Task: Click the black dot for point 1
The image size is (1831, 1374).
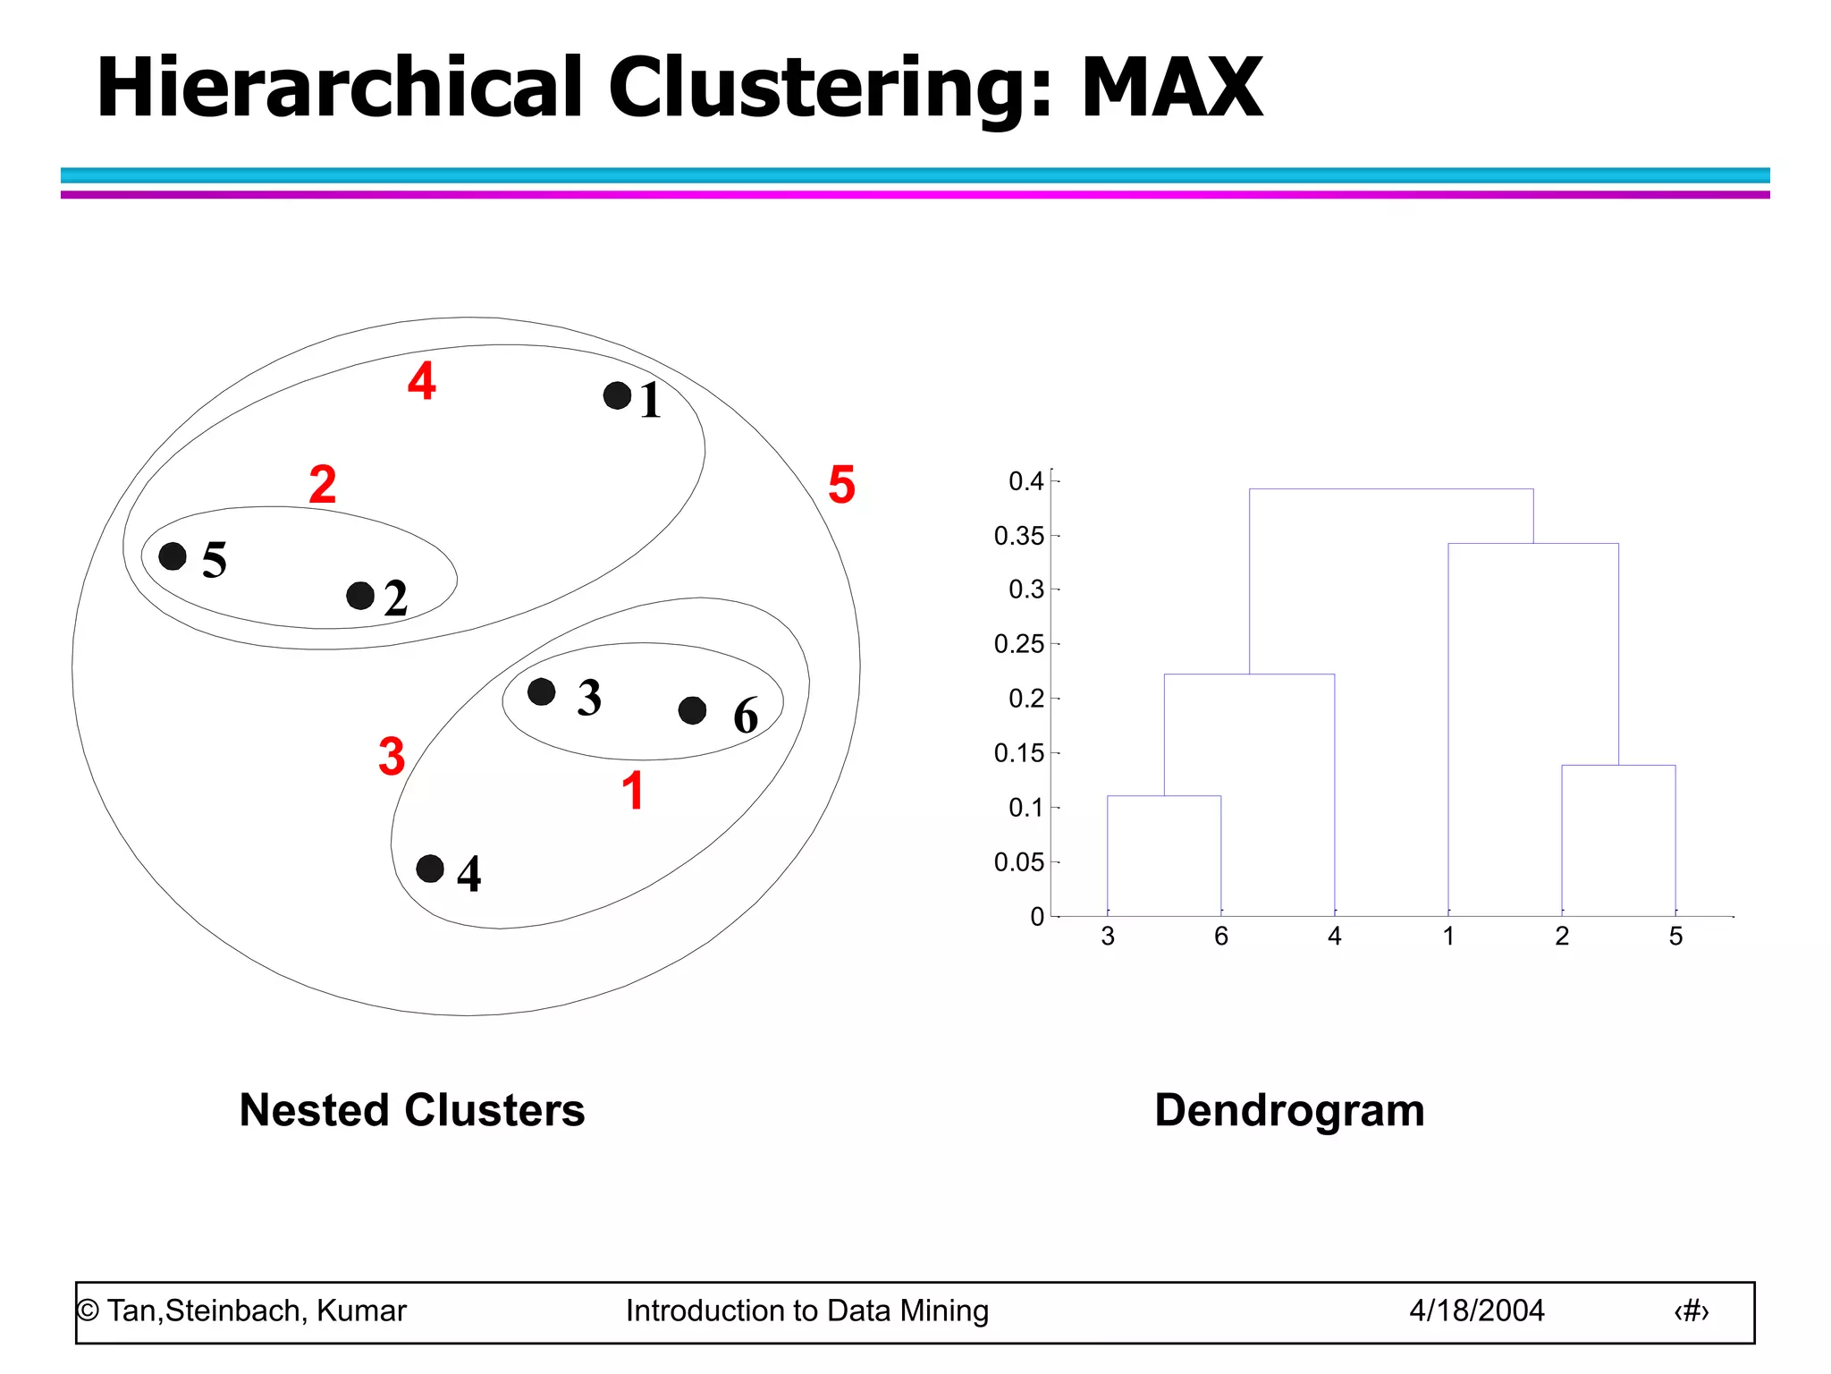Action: click(x=617, y=395)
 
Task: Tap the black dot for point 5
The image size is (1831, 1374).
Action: click(x=173, y=556)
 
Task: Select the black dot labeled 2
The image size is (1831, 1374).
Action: click(x=360, y=596)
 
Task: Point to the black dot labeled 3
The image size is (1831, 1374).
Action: click(x=542, y=691)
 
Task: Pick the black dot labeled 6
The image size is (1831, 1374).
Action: click(x=693, y=711)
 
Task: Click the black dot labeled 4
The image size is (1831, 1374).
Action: click(x=430, y=869)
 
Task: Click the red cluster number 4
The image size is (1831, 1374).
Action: click(x=422, y=380)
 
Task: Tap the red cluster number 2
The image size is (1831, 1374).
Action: click(x=323, y=484)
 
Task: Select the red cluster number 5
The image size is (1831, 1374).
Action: click(x=841, y=484)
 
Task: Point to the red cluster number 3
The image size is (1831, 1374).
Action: click(x=392, y=756)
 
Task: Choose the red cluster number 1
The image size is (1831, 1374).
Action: click(x=633, y=791)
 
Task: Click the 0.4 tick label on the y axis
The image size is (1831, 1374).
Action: click(x=1025, y=481)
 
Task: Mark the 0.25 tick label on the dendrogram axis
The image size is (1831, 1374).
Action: click(x=1018, y=644)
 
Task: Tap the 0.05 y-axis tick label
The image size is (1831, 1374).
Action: click(x=1018, y=862)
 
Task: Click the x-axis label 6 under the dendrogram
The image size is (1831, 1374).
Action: click(x=1221, y=937)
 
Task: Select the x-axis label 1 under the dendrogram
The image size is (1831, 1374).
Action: click(x=1448, y=937)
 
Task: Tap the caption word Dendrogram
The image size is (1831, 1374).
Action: click(x=1289, y=1111)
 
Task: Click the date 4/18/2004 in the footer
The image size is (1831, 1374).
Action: click(x=1477, y=1310)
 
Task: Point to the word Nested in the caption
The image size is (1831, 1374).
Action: click(x=314, y=1110)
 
